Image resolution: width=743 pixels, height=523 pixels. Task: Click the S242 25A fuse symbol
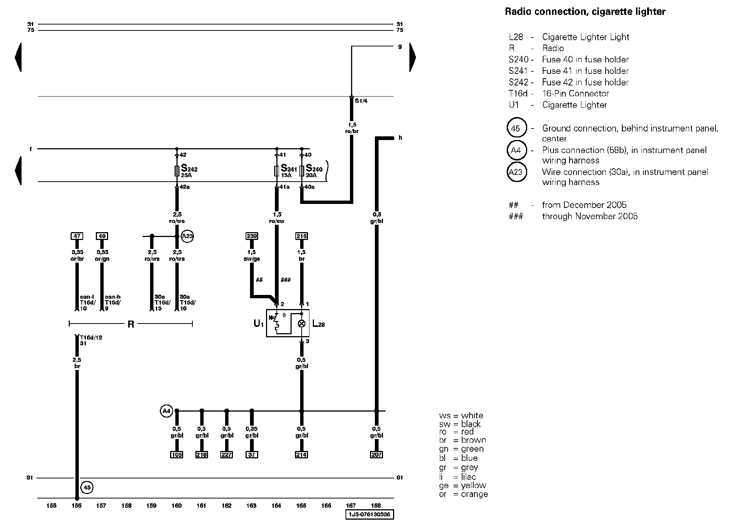pos(177,171)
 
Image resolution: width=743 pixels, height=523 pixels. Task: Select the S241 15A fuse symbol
pos(276,171)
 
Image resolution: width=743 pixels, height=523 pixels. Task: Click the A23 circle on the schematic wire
pos(188,236)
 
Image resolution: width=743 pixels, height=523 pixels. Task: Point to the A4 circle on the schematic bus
pos(166,411)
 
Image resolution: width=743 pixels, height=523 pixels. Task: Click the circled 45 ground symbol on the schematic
pos(87,488)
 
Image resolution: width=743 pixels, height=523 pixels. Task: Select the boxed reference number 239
pos(252,236)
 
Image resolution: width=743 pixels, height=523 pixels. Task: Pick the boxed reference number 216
pos(301,236)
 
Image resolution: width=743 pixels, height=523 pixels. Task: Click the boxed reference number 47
pos(77,236)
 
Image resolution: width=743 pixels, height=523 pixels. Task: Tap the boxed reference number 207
pos(376,455)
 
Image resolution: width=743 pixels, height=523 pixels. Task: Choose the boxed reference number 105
pos(177,455)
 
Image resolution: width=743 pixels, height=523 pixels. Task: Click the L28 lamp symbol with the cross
pos(302,324)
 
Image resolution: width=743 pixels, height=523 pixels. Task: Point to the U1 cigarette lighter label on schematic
pos(259,324)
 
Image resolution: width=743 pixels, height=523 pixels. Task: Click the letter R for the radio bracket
pos(131,325)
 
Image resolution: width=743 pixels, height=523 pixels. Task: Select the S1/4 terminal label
pos(361,101)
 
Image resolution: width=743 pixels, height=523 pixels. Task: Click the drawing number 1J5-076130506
pos(369,514)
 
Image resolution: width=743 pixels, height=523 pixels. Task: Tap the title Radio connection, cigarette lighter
pos(585,12)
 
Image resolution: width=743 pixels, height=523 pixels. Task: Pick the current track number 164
pos(276,506)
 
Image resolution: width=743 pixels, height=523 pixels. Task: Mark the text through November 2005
pos(590,216)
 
